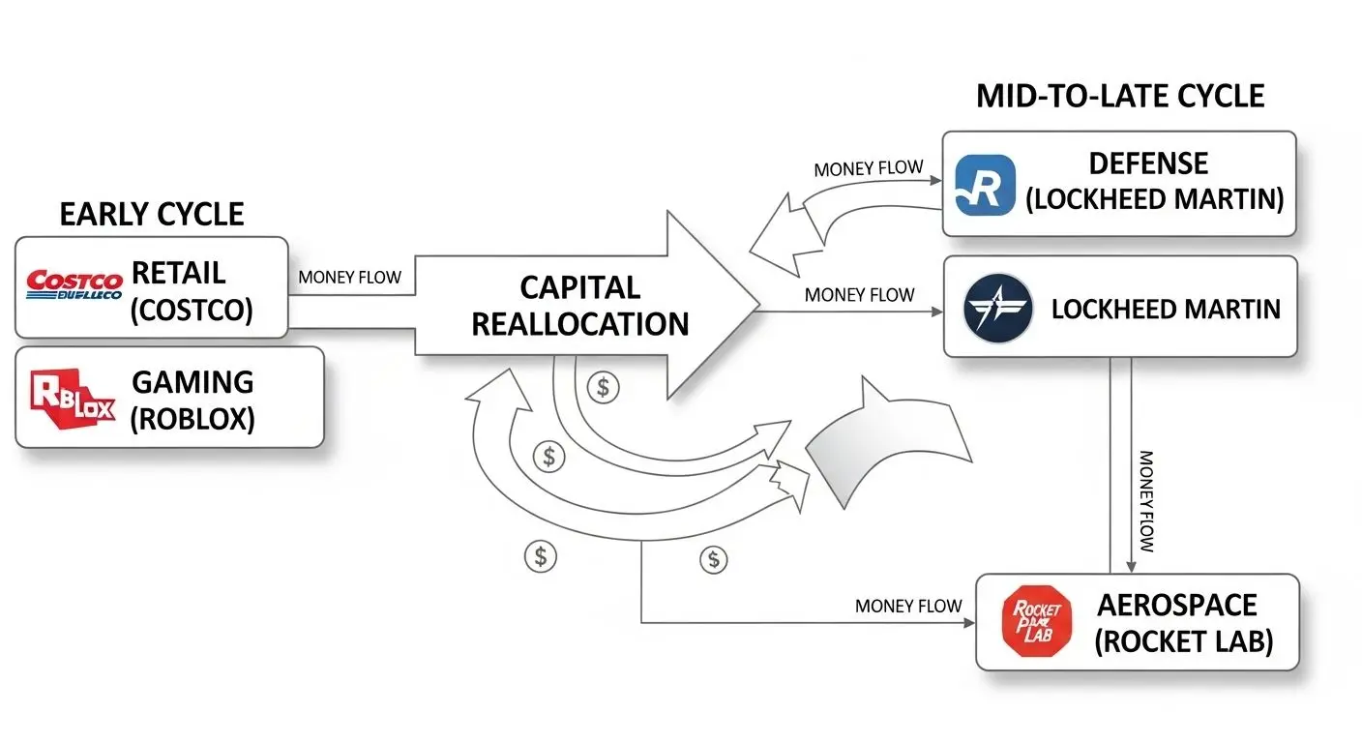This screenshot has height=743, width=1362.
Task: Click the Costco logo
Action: point(74,285)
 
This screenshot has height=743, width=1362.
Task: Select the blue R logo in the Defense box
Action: point(985,184)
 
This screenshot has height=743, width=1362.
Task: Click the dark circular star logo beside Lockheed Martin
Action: point(998,309)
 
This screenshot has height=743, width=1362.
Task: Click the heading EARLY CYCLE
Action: point(152,214)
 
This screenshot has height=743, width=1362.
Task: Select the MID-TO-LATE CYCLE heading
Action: point(1120,97)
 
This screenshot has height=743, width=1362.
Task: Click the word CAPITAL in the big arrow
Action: point(579,288)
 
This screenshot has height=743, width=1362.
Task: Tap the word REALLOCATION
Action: point(579,323)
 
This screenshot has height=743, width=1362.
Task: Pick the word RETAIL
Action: point(179,272)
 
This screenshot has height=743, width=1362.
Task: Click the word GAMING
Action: point(192,382)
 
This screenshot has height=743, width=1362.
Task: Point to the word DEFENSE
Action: point(1148,163)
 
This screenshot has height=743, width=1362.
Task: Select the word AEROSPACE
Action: point(1176,606)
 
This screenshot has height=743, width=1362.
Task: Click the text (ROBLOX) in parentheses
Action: point(192,420)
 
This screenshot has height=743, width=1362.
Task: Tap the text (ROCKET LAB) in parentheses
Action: point(1183,641)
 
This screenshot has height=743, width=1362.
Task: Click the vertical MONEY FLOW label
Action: point(1147,500)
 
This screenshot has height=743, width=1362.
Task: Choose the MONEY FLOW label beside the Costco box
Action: point(350,278)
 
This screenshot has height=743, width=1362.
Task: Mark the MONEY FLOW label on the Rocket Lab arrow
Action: point(908,607)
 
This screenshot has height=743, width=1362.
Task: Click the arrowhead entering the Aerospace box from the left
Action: point(970,623)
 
